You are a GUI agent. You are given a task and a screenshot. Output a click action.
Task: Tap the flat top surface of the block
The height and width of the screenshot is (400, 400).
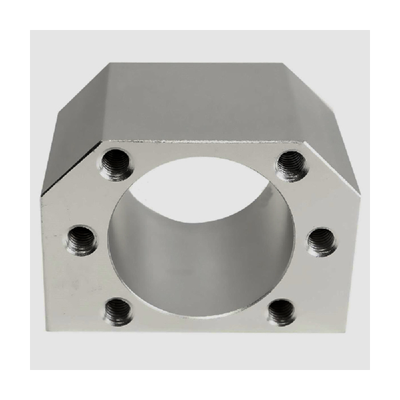200,100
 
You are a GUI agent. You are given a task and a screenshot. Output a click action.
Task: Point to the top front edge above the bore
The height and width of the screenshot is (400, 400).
200,142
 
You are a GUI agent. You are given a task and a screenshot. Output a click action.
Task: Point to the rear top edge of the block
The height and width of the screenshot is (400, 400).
200,63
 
